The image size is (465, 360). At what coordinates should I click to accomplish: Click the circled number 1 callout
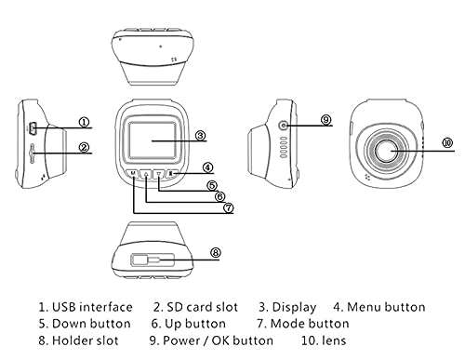[84, 122]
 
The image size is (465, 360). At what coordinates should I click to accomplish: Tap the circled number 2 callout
[84, 146]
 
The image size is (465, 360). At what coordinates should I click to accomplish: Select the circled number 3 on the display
[200, 136]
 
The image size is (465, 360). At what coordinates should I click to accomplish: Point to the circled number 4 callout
[208, 168]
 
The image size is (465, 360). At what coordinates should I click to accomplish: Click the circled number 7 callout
[229, 207]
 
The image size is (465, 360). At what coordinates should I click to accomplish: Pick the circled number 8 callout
[216, 251]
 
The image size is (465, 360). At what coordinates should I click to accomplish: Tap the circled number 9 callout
[325, 120]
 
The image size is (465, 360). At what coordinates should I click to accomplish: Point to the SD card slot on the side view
[33, 151]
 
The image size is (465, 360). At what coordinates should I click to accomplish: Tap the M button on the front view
[134, 174]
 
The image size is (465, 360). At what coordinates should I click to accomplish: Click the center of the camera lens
[390, 148]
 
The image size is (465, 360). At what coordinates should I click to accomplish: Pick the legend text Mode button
[311, 324]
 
